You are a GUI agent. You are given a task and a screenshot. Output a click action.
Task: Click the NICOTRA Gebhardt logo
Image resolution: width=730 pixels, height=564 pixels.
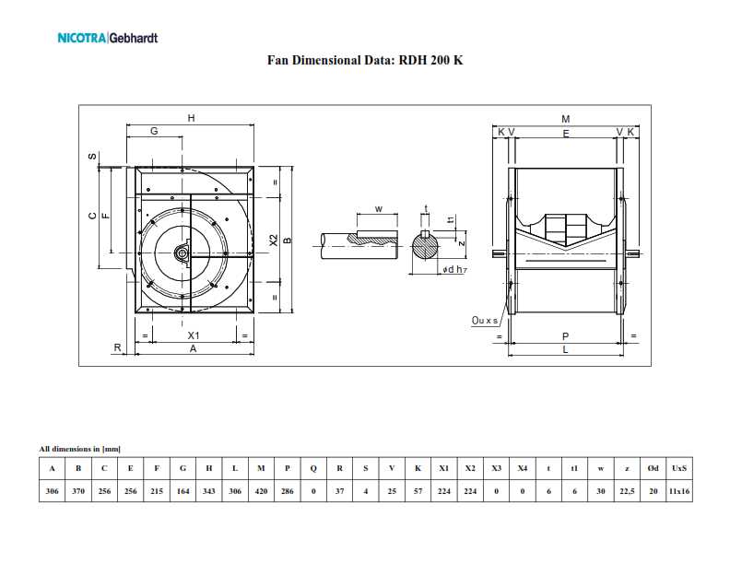click(108, 38)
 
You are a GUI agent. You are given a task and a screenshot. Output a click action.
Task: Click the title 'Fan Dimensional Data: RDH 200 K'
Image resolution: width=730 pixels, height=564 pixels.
click(365, 60)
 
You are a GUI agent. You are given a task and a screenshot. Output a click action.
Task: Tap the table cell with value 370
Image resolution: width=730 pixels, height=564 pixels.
click(78, 491)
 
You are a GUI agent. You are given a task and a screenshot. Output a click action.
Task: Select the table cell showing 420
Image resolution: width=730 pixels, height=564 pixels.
click(261, 491)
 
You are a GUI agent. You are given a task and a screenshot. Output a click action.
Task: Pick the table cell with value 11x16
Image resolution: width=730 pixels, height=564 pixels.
click(679, 491)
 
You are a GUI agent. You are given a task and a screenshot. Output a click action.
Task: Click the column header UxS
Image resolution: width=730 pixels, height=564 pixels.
click(679, 468)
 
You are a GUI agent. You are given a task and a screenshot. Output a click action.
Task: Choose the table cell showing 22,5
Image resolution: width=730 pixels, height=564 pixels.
click(627, 491)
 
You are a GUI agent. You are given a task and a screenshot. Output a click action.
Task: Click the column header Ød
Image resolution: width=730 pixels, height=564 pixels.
click(653, 468)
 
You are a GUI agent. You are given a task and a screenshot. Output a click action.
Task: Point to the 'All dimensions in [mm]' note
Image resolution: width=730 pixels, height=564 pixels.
click(79, 449)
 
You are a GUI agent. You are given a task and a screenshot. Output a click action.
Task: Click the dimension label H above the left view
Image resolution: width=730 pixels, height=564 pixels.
click(191, 118)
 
